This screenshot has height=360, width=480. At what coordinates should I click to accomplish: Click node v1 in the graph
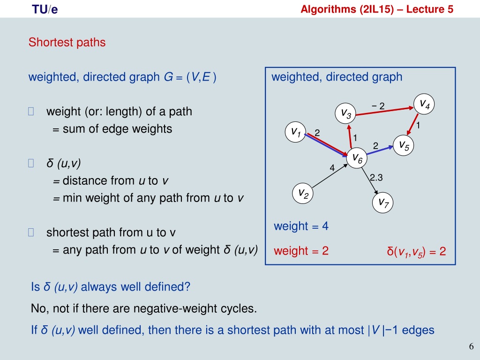[295, 132]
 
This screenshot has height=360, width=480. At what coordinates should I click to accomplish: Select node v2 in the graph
[303, 193]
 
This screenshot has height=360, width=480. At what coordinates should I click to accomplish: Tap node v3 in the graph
[345, 113]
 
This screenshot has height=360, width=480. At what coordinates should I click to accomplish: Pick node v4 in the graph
[424, 104]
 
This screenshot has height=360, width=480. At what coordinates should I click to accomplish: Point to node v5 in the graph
[404, 145]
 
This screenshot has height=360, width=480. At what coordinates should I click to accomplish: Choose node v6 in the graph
[357, 158]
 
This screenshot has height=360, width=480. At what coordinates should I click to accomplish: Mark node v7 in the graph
[382, 202]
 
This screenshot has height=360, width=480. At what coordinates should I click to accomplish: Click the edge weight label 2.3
[376, 178]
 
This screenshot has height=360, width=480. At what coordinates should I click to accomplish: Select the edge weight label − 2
[378, 106]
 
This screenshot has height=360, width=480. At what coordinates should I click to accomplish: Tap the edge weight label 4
[332, 168]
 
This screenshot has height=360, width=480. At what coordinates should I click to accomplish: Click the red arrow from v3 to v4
[385, 111]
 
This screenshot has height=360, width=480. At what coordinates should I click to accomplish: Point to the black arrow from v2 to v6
[330, 176]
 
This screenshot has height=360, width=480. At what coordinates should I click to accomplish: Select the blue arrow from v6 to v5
[380, 150]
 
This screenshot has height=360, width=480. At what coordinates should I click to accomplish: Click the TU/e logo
[45, 9]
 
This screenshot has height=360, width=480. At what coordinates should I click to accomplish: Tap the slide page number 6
[471, 346]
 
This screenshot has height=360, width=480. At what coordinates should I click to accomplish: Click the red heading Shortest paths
[67, 42]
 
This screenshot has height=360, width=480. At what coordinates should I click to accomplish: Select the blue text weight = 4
[301, 226]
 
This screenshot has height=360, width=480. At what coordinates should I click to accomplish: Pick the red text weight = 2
[301, 251]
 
